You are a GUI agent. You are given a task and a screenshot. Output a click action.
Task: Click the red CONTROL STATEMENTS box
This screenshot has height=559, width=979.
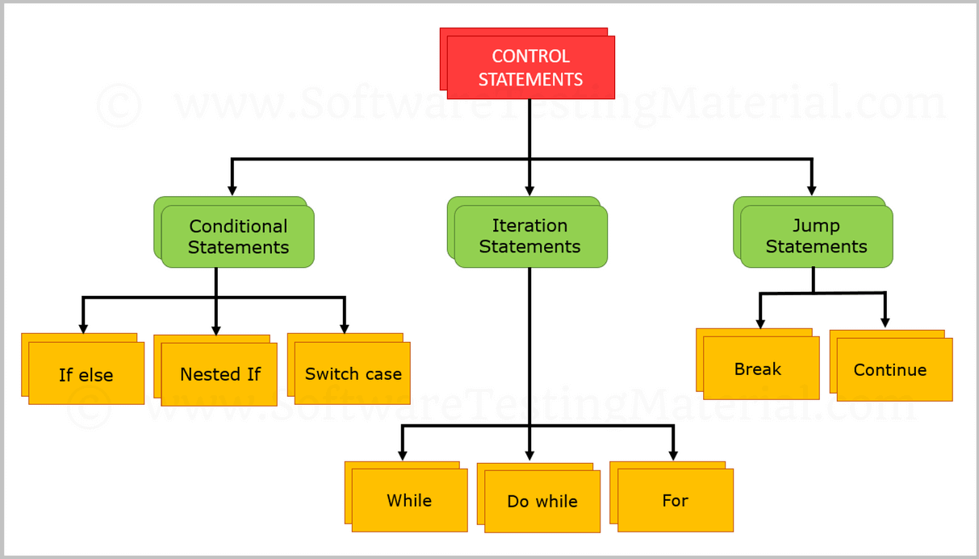click(530, 67)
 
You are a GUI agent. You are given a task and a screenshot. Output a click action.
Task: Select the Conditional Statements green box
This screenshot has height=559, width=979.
click(237, 236)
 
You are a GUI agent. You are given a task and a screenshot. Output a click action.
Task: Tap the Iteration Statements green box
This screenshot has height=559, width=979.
click(530, 236)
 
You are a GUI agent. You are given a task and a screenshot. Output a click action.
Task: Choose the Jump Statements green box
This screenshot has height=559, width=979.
click(816, 236)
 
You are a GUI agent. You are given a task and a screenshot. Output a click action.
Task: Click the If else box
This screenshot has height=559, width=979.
click(86, 374)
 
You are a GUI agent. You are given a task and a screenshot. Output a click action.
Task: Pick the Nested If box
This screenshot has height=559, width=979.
click(220, 374)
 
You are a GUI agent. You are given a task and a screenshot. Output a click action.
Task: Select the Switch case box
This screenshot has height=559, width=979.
click(353, 373)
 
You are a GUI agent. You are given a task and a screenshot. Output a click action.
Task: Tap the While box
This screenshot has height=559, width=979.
click(409, 500)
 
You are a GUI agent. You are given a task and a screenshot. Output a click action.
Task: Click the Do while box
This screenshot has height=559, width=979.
click(542, 501)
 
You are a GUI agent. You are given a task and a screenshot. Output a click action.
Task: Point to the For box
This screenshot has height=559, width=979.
click(675, 500)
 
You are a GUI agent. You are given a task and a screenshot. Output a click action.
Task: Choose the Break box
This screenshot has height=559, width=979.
click(758, 369)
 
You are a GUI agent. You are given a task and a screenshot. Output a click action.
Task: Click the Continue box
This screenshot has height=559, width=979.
click(890, 369)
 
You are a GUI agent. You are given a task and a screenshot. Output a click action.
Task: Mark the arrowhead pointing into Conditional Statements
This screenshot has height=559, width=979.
click(232, 190)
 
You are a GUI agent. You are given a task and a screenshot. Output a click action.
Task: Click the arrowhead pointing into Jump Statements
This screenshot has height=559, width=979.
click(812, 190)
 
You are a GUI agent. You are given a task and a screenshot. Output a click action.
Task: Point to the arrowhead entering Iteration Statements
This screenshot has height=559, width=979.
click(529, 190)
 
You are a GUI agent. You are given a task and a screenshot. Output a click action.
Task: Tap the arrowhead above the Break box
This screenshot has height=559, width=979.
click(760, 323)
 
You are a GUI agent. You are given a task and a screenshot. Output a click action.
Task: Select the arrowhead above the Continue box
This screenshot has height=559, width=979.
click(885, 323)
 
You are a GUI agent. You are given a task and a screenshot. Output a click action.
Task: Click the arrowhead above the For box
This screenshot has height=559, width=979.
click(673, 456)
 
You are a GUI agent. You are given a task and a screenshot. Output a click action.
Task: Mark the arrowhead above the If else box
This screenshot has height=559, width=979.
click(83, 328)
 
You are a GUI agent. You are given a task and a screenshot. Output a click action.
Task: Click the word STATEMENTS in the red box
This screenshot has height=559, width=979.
click(530, 79)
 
